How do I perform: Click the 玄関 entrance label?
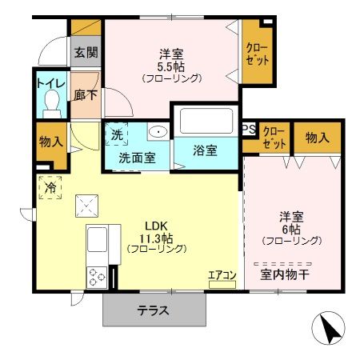coord(86,53)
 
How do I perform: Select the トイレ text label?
coord(50,82)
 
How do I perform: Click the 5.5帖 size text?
coord(171,66)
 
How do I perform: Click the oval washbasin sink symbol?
coord(157,133)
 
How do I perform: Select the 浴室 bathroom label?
coord(206,151)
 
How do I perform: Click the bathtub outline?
coord(206,122)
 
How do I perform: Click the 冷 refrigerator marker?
coord(50,188)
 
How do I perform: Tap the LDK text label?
coord(154,224)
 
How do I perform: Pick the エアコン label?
coord(222,276)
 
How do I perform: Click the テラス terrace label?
coord(152,311)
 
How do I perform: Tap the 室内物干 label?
coord(284,275)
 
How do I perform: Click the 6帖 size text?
coord(290,228)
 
